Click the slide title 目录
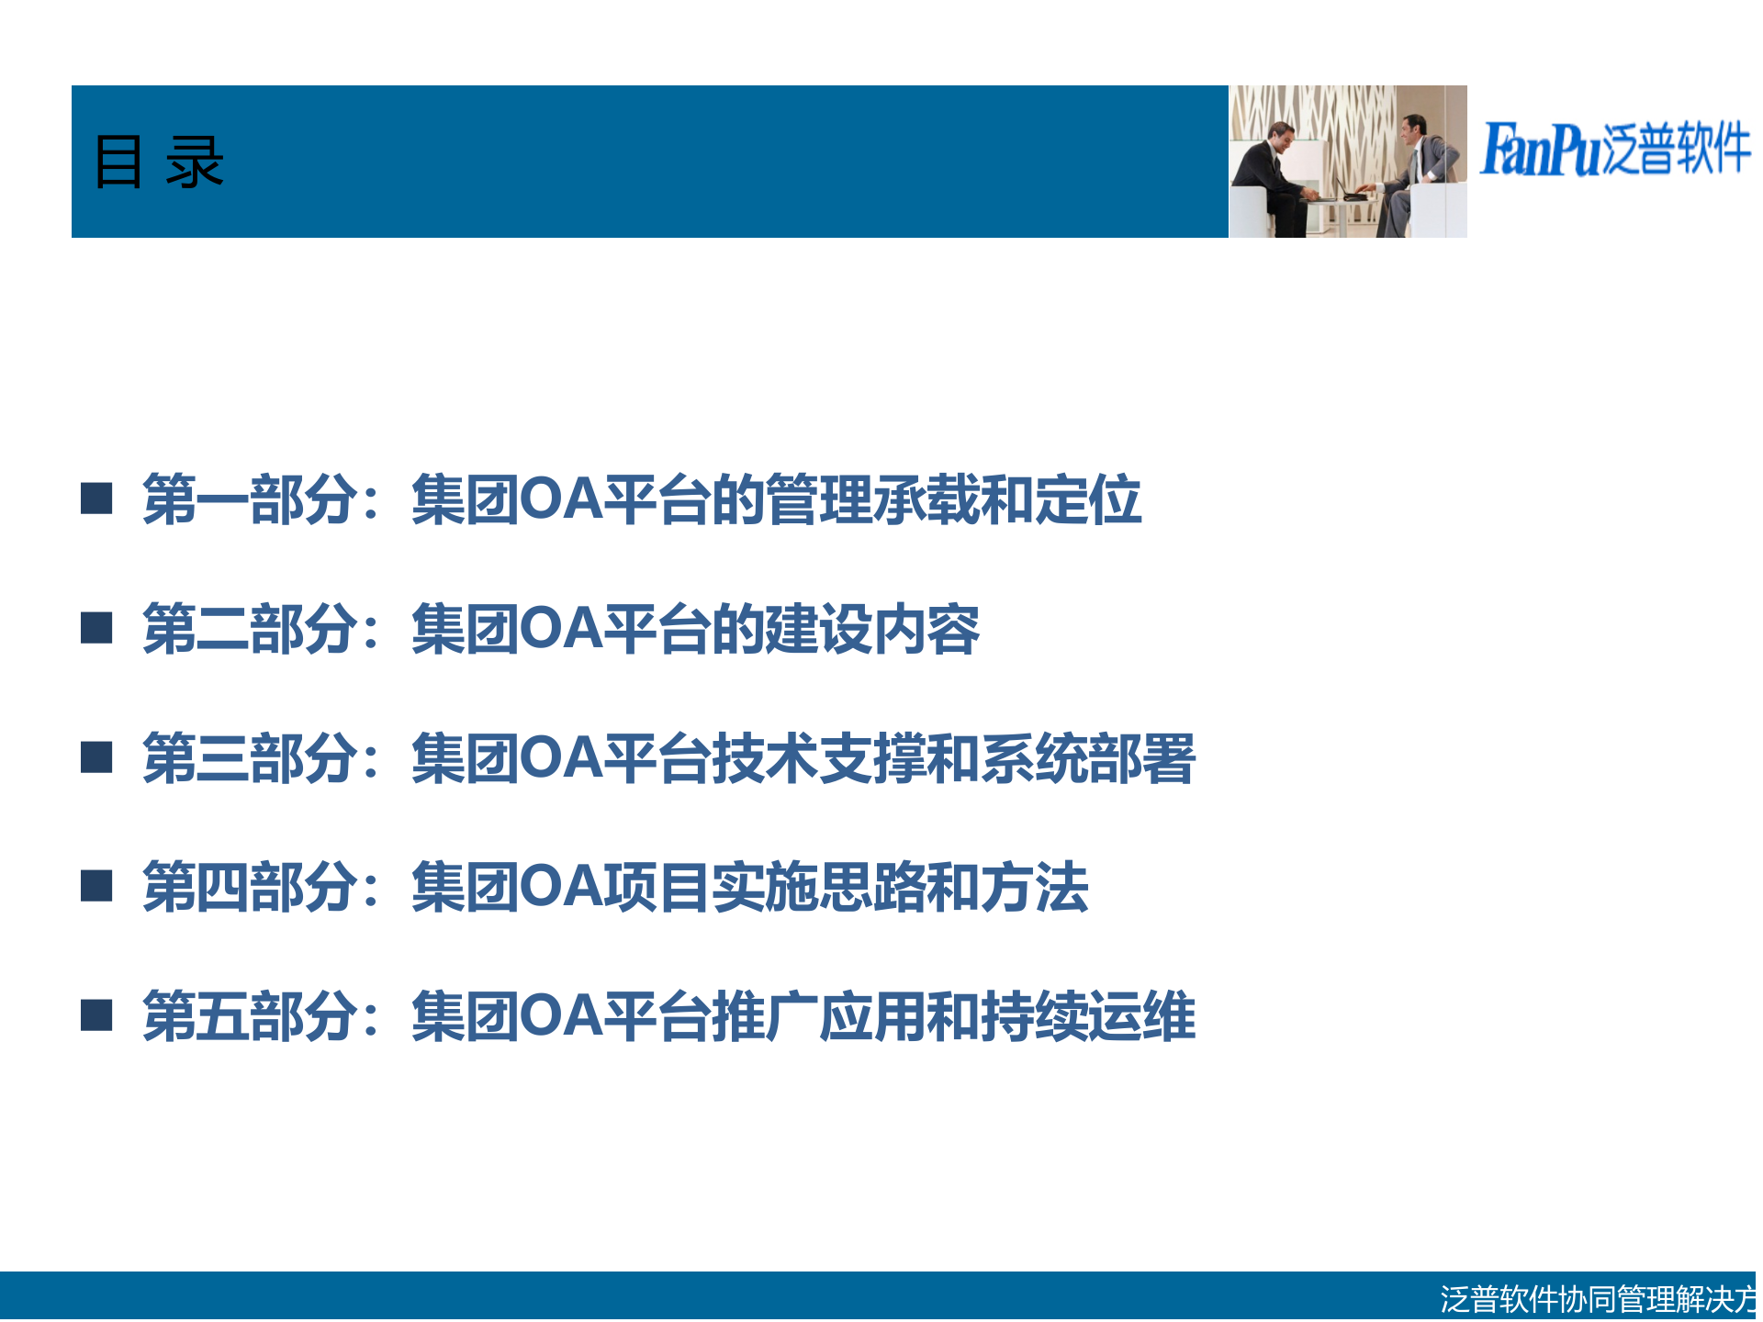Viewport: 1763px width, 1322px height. [x=159, y=162]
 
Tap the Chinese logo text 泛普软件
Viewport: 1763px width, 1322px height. [x=1677, y=149]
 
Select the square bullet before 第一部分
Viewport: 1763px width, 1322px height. [x=96, y=499]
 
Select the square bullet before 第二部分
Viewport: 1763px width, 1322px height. [x=96, y=628]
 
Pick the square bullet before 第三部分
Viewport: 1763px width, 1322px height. [x=96, y=757]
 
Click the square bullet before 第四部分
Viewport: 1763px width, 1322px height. [x=96, y=886]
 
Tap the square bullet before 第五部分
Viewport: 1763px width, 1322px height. [x=96, y=1015]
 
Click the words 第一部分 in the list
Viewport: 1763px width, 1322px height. [x=249, y=499]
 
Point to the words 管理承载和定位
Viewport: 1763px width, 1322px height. [x=952, y=499]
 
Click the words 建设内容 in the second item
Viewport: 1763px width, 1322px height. [x=871, y=629]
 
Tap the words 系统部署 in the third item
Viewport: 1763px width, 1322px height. [x=1087, y=758]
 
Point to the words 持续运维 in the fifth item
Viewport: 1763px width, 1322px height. [x=1087, y=1016]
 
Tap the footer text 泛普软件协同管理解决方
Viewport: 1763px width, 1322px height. [x=1598, y=1298]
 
